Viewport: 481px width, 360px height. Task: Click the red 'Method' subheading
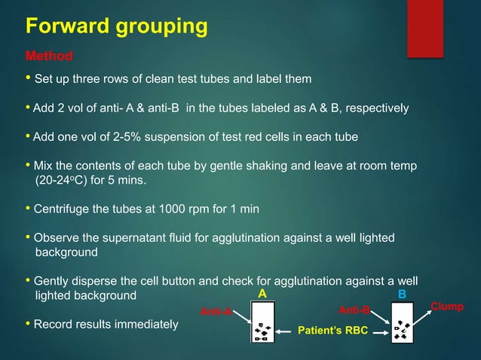coord(49,56)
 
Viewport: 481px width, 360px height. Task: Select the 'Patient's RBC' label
coord(331,329)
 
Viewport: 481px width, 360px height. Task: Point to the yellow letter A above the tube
coord(262,294)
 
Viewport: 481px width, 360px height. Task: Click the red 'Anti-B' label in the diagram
coord(354,310)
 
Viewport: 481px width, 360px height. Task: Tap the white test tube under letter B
coord(402,322)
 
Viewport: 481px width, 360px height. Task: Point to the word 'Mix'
coord(46,166)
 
